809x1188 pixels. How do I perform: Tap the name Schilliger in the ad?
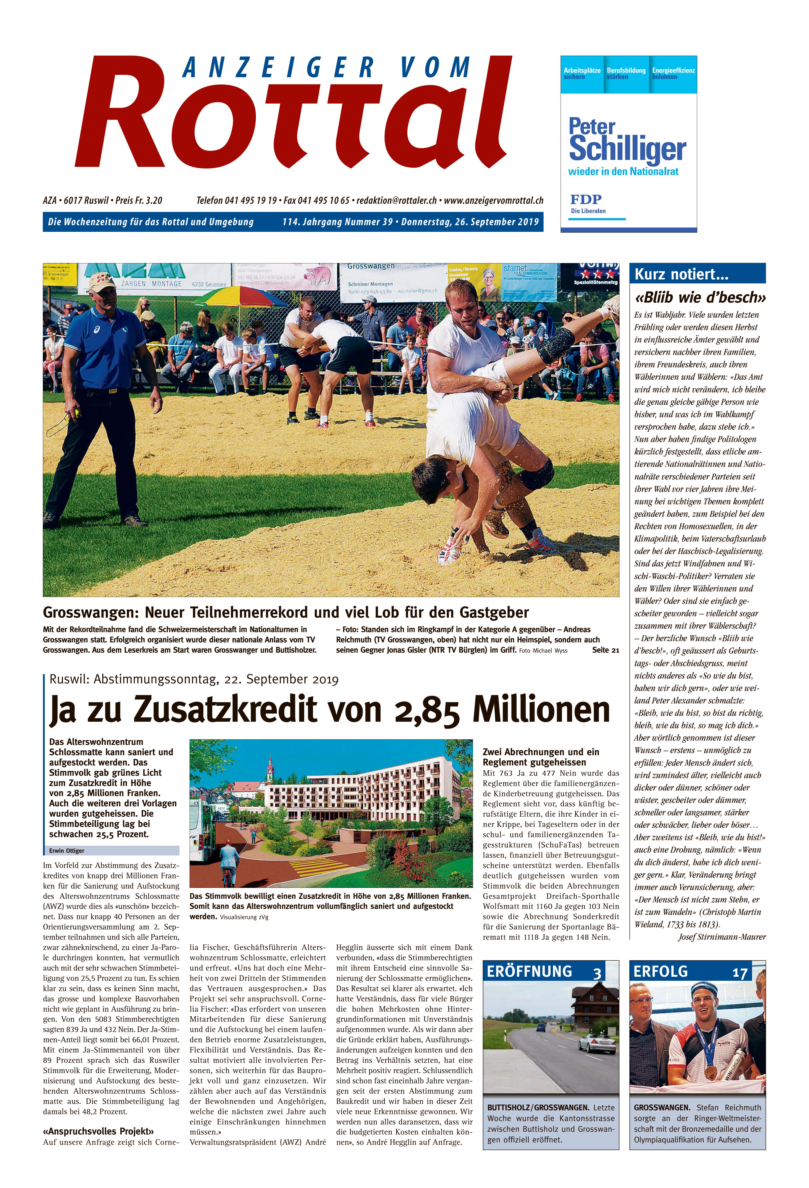627,148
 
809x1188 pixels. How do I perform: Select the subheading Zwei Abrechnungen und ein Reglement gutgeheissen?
541,756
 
